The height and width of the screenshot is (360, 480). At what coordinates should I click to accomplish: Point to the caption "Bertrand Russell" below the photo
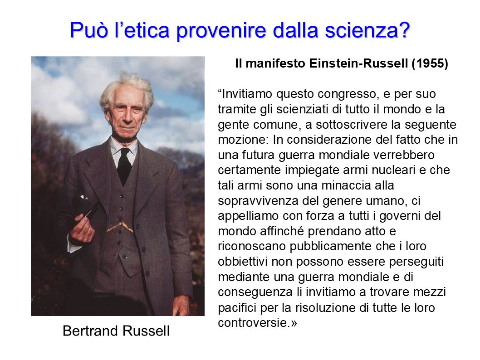[x=116, y=331]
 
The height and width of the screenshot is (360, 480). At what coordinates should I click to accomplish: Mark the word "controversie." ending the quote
[x=254, y=323]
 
